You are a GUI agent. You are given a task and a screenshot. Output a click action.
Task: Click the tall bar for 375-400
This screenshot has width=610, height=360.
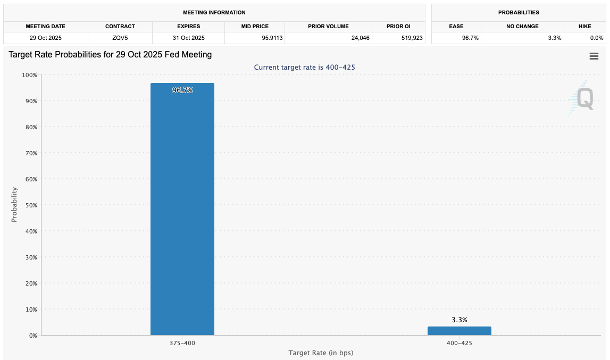pos(182,213)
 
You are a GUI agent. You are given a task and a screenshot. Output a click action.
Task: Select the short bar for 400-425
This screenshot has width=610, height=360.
pos(459,331)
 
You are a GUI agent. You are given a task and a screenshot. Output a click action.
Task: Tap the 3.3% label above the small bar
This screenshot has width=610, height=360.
pos(459,320)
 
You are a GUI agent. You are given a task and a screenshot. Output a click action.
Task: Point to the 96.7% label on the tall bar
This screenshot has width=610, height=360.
pos(182,90)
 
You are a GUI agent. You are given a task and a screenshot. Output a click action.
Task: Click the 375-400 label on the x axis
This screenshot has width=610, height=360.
pos(182,344)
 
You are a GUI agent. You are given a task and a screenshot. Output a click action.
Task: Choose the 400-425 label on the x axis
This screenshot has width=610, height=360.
pos(459,344)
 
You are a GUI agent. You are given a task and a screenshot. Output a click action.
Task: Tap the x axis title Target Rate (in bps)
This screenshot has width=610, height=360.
pos(321,353)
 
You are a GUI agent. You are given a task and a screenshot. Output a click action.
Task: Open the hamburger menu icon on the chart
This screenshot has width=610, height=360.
pos(594,56)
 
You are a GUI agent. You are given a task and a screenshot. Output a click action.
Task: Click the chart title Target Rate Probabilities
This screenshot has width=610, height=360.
pos(110,55)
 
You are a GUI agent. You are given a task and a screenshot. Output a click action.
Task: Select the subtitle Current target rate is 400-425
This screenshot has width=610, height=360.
pos(304,68)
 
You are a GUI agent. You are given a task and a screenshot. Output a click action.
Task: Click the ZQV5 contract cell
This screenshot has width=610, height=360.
pos(120,38)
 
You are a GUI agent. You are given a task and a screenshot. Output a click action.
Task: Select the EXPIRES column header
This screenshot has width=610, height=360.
pos(188,27)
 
